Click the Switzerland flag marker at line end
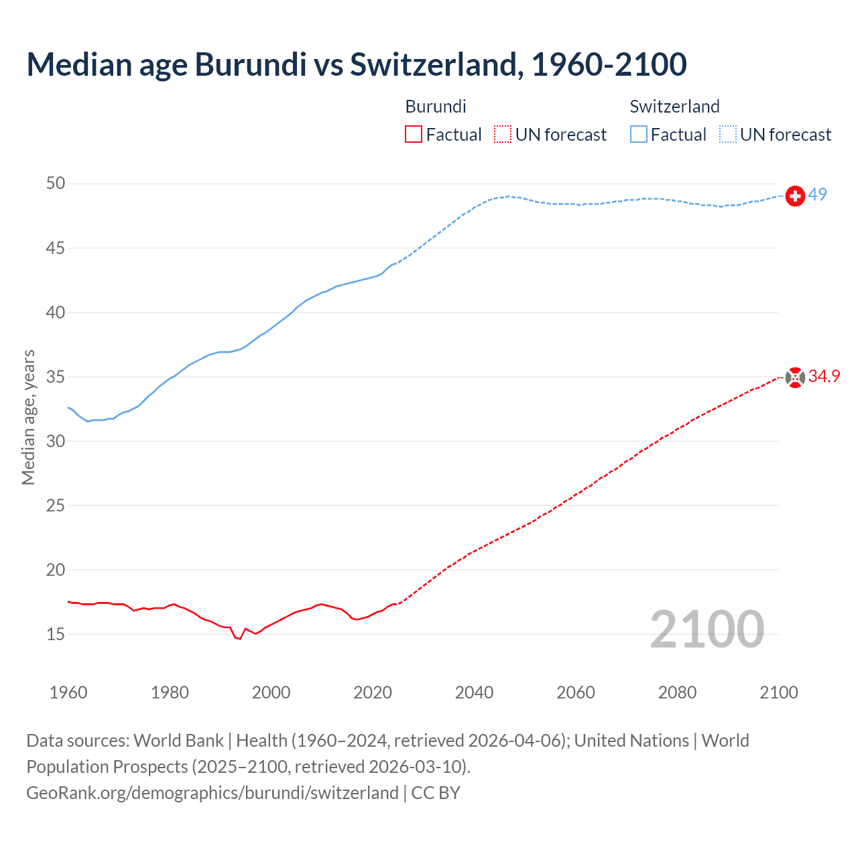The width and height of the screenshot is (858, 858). click(x=795, y=196)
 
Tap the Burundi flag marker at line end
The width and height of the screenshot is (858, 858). click(x=795, y=378)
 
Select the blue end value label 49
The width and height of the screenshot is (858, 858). click(x=818, y=195)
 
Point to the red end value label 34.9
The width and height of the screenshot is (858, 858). click(x=824, y=377)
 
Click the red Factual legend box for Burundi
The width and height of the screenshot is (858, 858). click(x=414, y=135)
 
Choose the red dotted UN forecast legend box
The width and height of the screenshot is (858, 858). click(x=503, y=135)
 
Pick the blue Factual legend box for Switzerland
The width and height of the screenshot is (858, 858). click(x=639, y=135)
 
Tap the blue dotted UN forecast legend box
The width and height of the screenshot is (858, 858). click(x=728, y=135)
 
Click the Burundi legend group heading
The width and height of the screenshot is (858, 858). click(x=436, y=107)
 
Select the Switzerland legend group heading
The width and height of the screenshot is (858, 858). click(x=674, y=107)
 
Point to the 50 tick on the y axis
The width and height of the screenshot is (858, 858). click(x=56, y=184)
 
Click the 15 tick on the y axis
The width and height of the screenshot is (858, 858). click(x=56, y=634)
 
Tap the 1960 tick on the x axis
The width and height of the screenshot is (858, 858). click(x=68, y=692)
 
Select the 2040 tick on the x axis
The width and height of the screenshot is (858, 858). click(x=474, y=692)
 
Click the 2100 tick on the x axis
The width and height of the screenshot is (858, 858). click(x=779, y=692)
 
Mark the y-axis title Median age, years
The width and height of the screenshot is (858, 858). click(x=28, y=417)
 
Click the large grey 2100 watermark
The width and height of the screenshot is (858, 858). click(x=707, y=629)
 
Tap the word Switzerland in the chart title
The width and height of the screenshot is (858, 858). click(x=433, y=64)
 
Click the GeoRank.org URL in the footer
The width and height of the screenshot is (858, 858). click(x=212, y=793)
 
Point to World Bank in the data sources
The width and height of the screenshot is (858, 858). click(x=178, y=741)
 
